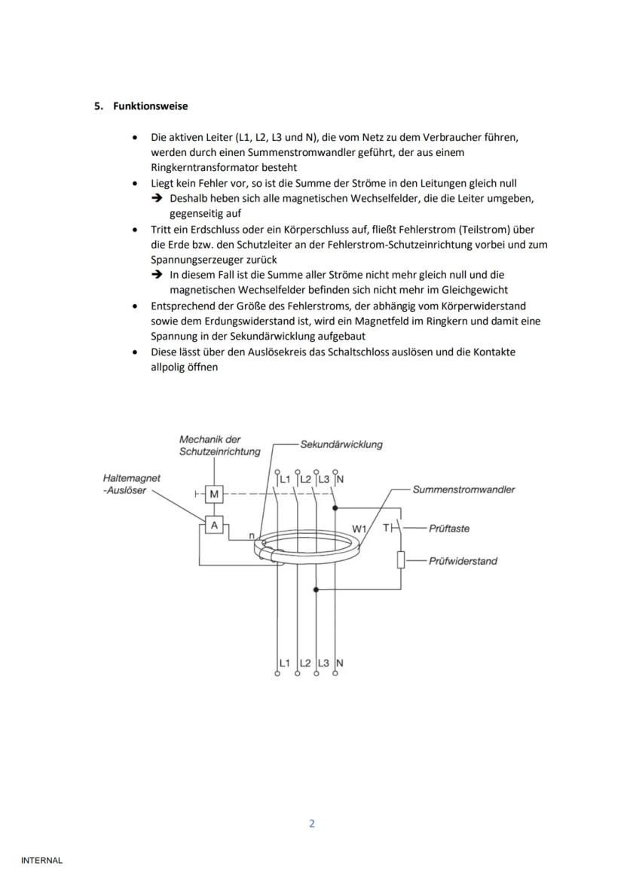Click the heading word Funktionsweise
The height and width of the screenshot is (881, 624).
(151, 106)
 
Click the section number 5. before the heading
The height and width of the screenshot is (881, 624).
(99, 106)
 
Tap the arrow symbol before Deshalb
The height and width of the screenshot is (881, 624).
(157, 199)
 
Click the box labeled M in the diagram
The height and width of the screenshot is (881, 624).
(214, 494)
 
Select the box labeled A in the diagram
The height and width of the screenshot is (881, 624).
(214, 525)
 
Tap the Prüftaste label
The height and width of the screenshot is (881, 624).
(448, 529)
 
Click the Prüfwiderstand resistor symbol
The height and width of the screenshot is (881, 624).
(402, 560)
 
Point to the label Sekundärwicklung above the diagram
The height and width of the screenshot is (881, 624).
(341, 444)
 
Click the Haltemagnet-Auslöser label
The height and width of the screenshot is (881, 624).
(132, 483)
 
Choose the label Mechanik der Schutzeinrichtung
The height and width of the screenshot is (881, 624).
(219, 446)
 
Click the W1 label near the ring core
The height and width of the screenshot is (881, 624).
(359, 529)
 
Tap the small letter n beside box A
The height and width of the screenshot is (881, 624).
(251, 535)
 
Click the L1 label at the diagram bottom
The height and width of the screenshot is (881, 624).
(285, 663)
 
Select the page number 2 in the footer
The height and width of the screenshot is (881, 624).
(312, 823)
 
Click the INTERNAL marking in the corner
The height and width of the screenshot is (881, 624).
(41, 860)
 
